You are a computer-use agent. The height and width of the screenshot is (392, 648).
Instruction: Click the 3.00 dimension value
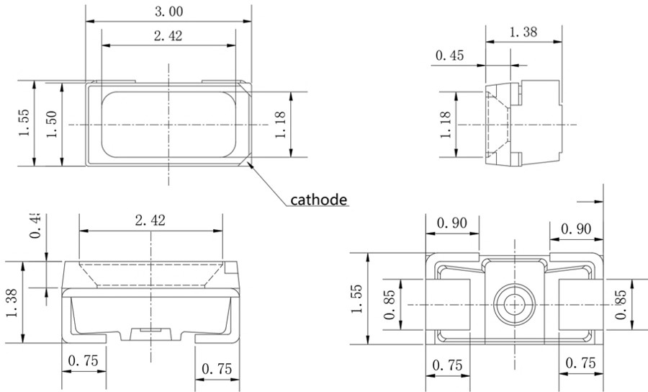click(x=169, y=12)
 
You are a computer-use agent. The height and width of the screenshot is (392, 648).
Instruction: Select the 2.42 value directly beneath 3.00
click(x=168, y=36)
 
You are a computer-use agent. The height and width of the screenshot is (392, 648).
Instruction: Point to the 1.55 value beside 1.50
click(x=24, y=123)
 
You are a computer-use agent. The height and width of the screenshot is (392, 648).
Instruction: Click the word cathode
click(x=318, y=200)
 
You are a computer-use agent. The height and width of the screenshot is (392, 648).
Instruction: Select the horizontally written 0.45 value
click(x=449, y=56)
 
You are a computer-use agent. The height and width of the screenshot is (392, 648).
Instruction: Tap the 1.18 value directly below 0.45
click(x=444, y=124)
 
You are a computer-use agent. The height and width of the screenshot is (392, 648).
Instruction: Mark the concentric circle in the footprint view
click(x=513, y=304)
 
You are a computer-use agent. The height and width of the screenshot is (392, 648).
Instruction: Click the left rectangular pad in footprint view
click(x=448, y=304)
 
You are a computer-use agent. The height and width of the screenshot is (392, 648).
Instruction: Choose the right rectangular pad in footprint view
click(x=578, y=304)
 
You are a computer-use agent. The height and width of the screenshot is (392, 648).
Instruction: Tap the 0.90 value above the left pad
click(x=452, y=223)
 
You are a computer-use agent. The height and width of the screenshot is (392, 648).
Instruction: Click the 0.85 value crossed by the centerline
click(x=621, y=304)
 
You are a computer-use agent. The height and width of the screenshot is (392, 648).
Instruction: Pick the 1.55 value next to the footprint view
click(x=357, y=298)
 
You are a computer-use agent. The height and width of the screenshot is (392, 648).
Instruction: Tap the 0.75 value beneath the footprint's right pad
click(x=580, y=363)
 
